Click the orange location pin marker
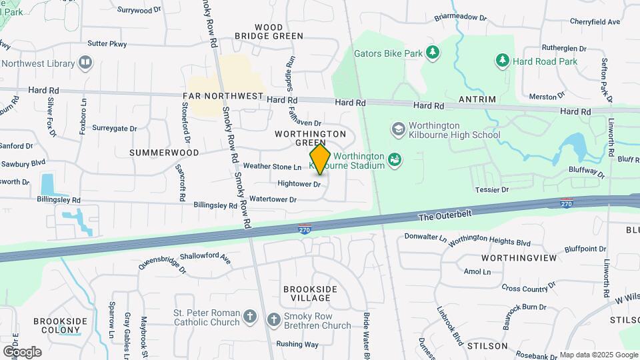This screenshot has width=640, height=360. (x=320, y=159)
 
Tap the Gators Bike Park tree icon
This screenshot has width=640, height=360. (x=433, y=52)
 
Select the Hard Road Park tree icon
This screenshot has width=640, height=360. (x=502, y=61)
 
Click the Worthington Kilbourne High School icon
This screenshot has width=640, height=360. (x=398, y=129)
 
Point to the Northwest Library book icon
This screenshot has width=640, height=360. (x=85, y=63)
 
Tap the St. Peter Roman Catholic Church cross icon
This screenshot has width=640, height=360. (x=249, y=317)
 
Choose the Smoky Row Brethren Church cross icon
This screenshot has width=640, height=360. (x=273, y=320)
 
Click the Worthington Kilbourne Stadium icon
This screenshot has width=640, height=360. (x=395, y=160)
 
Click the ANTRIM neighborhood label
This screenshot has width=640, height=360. (x=477, y=99)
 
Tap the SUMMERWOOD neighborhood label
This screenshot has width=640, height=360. (x=164, y=153)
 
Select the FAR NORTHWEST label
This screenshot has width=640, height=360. (x=223, y=97)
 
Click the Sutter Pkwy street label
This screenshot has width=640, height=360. (x=107, y=44)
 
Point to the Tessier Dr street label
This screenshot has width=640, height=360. (x=491, y=190)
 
